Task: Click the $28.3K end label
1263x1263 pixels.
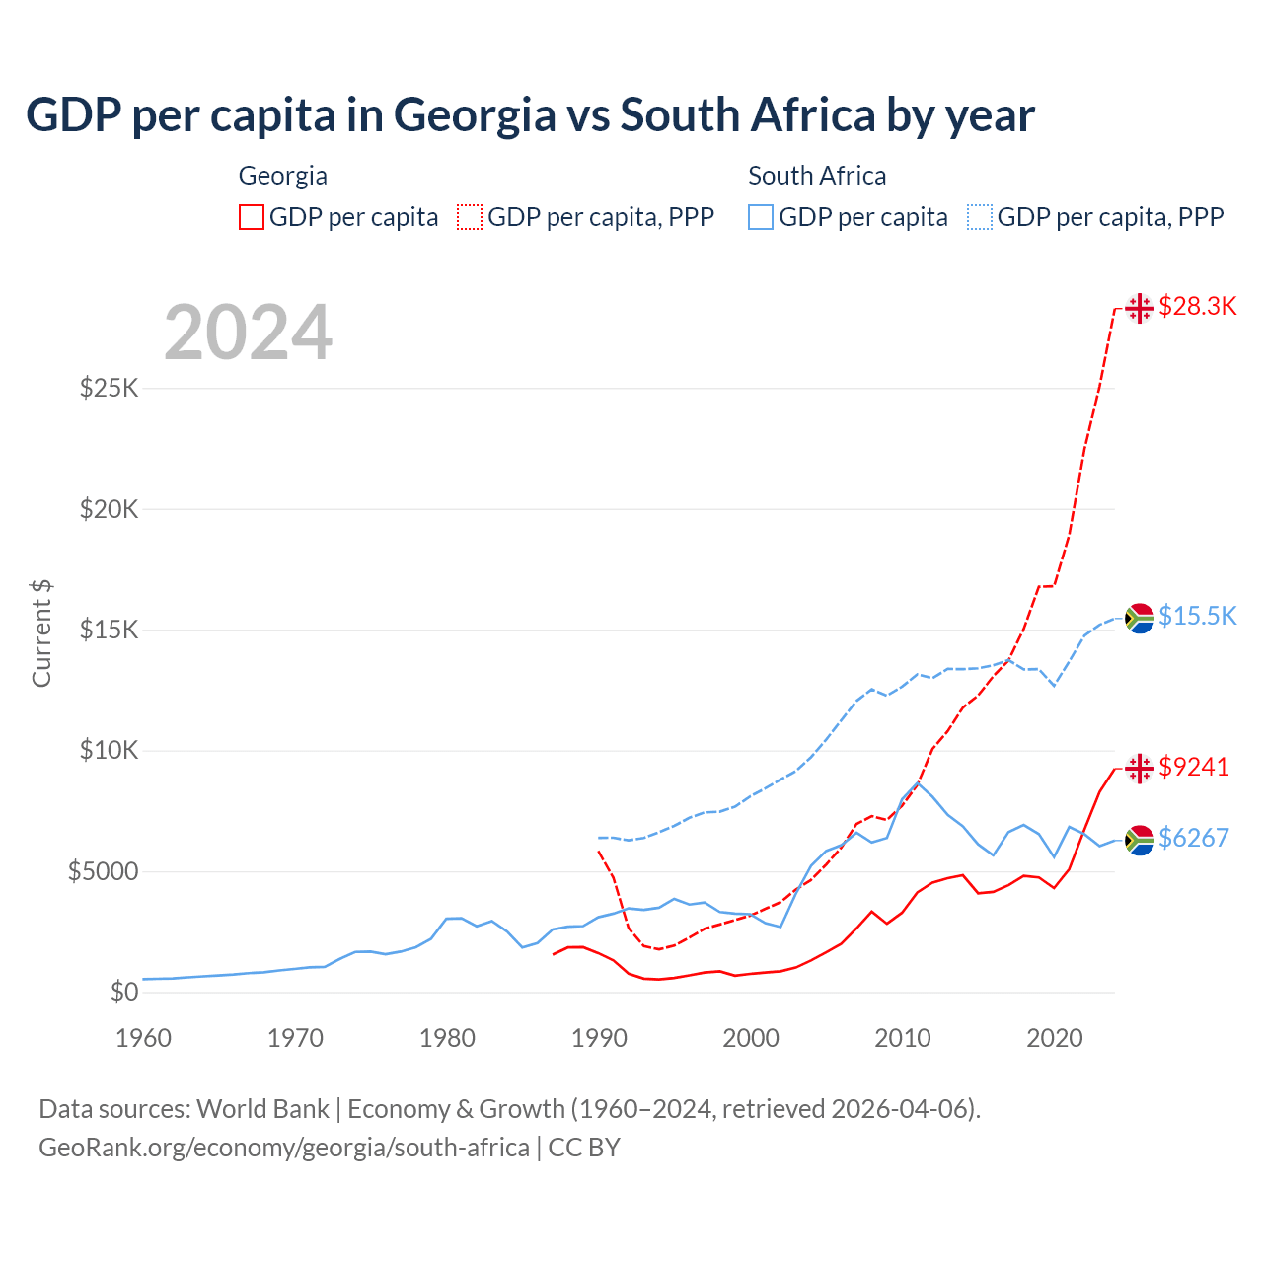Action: tap(1197, 306)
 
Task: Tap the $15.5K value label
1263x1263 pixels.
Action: tap(1197, 616)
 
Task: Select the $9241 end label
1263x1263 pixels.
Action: tap(1194, 767)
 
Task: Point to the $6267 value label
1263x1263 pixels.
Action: tap(1194, 838)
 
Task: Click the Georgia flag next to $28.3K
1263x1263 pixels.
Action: tap(1140, 308)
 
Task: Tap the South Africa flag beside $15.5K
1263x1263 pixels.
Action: tap(1140, 618)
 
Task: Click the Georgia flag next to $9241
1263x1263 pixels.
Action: tap(1140, 768)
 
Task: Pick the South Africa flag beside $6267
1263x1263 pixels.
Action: tap(1140, 840)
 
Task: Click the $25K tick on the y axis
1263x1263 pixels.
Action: tap(109, 388)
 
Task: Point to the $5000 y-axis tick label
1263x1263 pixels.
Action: tap(103, 871)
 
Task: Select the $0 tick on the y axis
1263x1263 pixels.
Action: tap(124, 992)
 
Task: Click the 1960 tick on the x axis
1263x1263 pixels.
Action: tap(144, 1038)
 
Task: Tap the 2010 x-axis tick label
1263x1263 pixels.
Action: tap(903, 1038)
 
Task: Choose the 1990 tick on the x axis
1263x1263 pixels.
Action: tap(599, 1038)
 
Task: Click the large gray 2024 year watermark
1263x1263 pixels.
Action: tap(248, 333)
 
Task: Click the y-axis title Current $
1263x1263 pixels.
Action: tap(41, 633)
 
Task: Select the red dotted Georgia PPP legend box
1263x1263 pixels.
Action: tap(470, 217)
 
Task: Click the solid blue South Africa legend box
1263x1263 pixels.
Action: tap(761, 217)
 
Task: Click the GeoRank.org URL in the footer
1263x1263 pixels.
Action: tap(284, 1148)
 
